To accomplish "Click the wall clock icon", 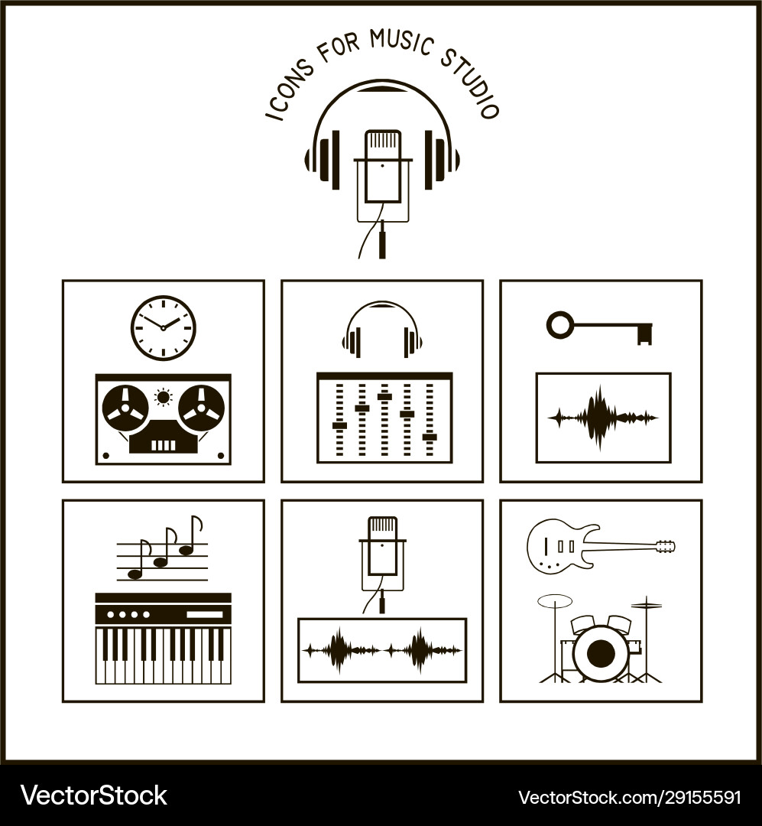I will click(163, 328).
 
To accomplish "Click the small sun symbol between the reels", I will click(163, 396).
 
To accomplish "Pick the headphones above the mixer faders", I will click(382, 329).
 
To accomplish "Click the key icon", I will click(600, 327).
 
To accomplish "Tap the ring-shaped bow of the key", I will click(559, 324).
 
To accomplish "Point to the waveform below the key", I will click(602, 418).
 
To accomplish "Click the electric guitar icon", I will click(599, 545).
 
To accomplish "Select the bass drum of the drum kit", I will click(601, 652).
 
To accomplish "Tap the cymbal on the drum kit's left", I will click(555, 602).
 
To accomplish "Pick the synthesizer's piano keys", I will click(163, 655).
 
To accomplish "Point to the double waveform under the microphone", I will click(382, 650).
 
